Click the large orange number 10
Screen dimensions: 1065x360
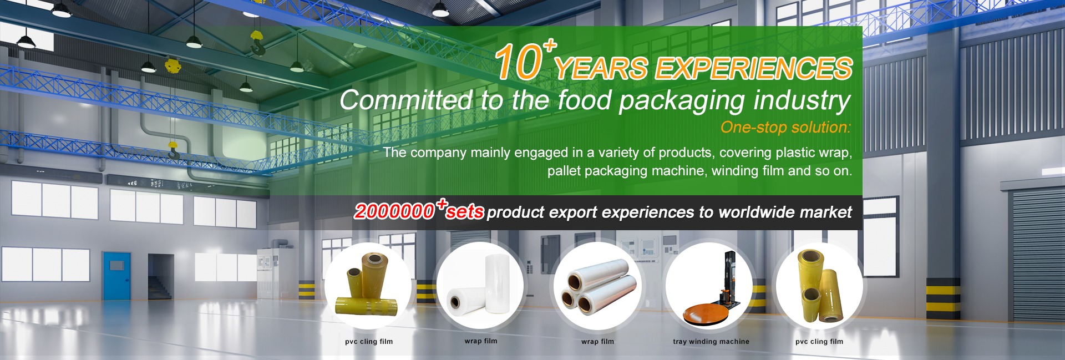(518, 62)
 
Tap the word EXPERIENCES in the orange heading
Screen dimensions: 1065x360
(753, 68)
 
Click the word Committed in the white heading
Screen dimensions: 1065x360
(406, 100)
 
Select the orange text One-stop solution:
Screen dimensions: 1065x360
(785, 127)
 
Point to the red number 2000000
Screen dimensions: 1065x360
(394, 211)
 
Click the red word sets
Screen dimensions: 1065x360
(465, 212)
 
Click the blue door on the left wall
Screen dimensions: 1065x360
(116, 277)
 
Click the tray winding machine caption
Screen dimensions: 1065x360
(711, 342)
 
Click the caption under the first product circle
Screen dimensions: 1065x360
(369, 342)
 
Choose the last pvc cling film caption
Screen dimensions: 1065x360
(819, 342)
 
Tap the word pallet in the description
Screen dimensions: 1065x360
(564, 171)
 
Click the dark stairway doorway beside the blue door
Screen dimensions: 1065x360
(161, 277)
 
